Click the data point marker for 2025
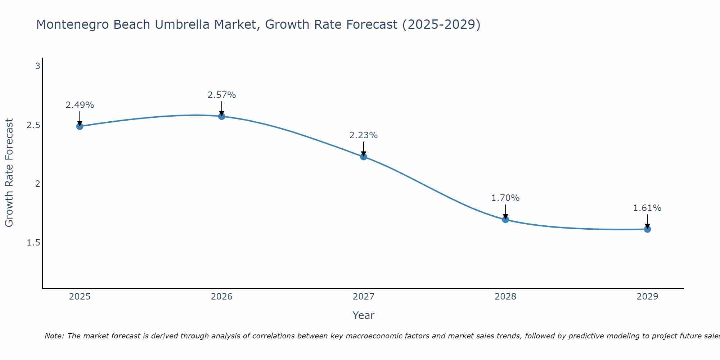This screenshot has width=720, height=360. pyautogui.click(x=80, y=126)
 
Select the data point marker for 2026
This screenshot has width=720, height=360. pyautogui.click(x=221, y=116)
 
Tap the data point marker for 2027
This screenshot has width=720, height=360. pyautogui.click(x=363, y=157)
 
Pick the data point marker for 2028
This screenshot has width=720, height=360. pyautogui.click(x=505, y=219)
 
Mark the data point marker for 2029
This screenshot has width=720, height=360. pyautogui.click(x=647, y=229)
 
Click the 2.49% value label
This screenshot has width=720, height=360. pyautogui.click(x=80, y=105)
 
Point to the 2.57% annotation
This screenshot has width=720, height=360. pyautogui.click(x=221, y=95)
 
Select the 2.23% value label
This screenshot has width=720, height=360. pyautogui.click(x=363, y=135)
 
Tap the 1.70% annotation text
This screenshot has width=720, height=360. pyautogui.click(x=505, y=198)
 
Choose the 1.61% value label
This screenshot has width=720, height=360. pyautogui.click(x=647, y=208)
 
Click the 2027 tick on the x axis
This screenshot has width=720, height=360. pyautogui.click(x=363, y=297)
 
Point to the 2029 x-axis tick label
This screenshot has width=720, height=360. pyautogui.click(x=647, y=297)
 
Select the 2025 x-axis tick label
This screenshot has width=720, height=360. pyautogui.click(x=80, y=297)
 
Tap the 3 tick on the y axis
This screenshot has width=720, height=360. pyautogui.click(x=37, y=66)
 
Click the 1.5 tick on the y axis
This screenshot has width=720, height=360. pyautogui.click(x=33, y=243)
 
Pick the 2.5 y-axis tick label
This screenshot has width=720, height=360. pyautogui.click(x=33, y=125)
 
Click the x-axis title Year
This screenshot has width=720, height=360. pyautogui.click(x=363, y=315)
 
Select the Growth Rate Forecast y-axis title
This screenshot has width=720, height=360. pyautogui.click(x=9, y=173)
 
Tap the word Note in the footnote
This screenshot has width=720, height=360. pyautogui.click(x=54, y=336)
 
